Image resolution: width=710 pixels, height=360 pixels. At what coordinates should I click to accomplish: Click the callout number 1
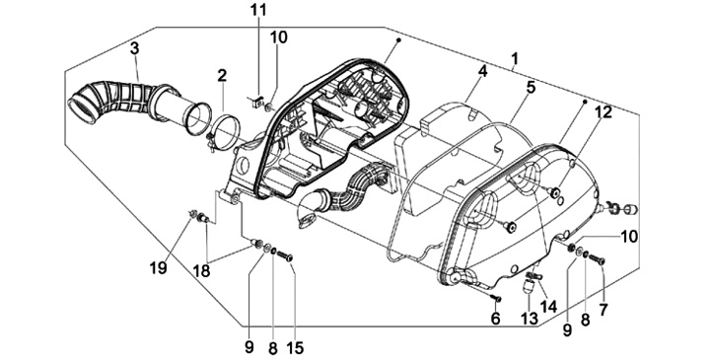point(515,58)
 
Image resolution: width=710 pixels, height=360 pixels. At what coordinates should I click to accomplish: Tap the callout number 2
point(222,76)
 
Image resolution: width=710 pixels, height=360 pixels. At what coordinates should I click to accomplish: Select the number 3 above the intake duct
point(134,48)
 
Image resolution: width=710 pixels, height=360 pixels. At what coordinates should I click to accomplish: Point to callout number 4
point(482,71)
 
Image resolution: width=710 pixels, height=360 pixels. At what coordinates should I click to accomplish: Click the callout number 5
point(531,87)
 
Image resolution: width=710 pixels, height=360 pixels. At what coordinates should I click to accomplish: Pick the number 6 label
point(495,318)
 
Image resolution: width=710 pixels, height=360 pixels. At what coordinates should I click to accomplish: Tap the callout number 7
point(603,310)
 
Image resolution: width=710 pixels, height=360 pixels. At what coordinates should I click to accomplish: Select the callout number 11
point(258,10)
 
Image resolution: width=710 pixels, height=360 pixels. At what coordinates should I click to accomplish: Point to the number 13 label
point(529,318)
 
